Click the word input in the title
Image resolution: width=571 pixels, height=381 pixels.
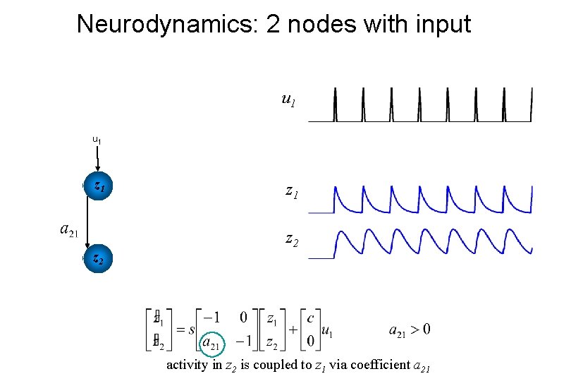tap(438, 24)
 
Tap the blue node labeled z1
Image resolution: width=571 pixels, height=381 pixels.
tap(98, 187)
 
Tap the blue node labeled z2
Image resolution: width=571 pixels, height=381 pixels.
tap(98, 258)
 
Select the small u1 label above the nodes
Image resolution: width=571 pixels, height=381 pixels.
tap(97, 140)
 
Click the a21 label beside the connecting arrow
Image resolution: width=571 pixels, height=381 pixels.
tap(69, 229)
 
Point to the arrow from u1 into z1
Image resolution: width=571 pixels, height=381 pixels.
tap(97, 158)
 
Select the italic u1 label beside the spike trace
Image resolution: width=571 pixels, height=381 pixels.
tap(288, 100)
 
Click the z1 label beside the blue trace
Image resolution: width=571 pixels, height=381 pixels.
tap(291, 190)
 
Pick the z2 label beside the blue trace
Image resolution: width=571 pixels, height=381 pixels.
tap(291, 240)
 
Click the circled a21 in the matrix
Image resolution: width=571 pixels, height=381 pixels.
tap(211, 343)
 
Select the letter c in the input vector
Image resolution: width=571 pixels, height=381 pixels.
tap(310, 319)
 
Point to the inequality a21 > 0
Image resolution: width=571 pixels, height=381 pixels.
tap(410, 329)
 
